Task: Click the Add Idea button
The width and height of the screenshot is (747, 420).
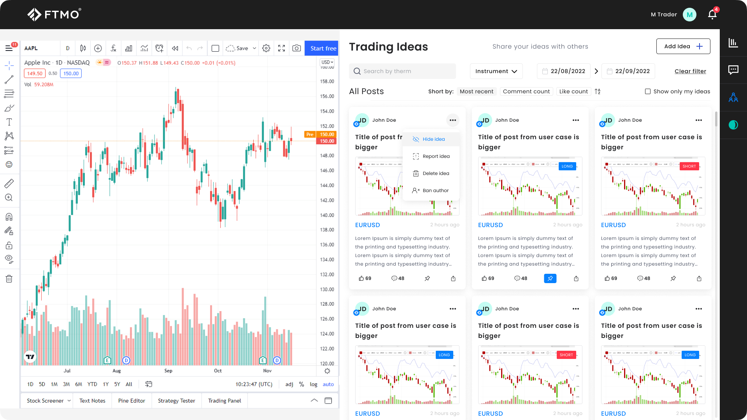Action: (683, 46)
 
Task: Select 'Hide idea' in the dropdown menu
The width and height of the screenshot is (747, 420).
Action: (433, 139)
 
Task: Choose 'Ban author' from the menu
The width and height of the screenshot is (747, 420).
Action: (435, 191)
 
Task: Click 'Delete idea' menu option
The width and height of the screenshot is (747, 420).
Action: (436, 173)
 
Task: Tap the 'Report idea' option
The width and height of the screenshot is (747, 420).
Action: (436, 156)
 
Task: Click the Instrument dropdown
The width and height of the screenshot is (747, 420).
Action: (496, 71)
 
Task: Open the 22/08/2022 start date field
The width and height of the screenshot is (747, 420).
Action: (564, 71)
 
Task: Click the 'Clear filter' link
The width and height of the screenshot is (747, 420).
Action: (690, 71)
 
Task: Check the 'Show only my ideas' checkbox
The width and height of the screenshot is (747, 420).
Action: (648, 91)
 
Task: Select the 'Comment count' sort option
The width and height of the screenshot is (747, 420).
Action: (526, 91)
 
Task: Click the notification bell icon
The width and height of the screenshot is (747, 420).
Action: (712, 14)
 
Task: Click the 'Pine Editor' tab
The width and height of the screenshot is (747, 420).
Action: (132, 401)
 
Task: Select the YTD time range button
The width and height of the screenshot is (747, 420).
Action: (92, 384)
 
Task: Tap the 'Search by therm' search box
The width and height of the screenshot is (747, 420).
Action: (402, 71)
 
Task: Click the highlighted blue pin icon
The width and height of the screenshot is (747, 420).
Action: (550, 278)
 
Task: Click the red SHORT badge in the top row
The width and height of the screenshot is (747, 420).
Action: (689, 166)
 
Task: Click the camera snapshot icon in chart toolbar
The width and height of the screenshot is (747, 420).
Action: (296, 48)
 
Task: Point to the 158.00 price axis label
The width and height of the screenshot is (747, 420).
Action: (327, 82)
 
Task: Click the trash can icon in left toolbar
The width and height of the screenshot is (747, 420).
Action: (9, 279)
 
